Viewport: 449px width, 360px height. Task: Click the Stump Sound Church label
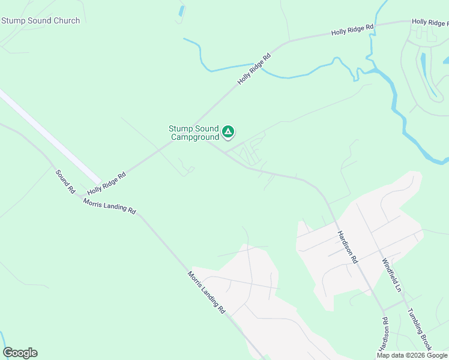(x=41, y=21)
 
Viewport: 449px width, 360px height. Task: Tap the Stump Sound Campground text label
(x=194, y=133)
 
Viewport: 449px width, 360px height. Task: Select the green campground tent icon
(x=228, y=131)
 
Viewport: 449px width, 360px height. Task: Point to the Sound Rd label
(x=65, y=182)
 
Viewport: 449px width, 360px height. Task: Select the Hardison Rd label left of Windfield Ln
(x=347, y=247)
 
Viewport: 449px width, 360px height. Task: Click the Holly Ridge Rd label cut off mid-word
(x=430, y=22)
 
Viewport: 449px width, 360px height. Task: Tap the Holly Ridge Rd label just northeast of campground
(x=254, y=68)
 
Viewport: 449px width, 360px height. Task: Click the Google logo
(x=20, y=353)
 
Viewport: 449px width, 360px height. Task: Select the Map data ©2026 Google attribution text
(x=412, y=355)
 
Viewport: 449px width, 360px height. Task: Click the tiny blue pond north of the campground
(x=181, y=11)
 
